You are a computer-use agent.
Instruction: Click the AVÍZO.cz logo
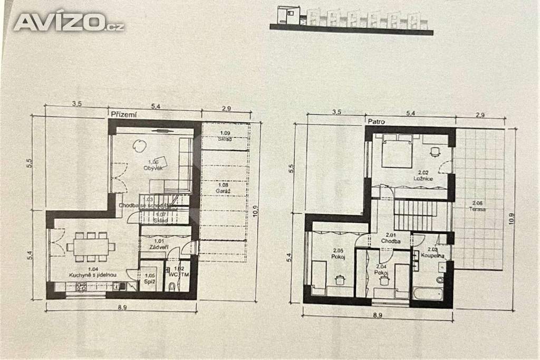[x=69, y=22]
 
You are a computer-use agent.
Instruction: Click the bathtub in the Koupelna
[x=427, y=293]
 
